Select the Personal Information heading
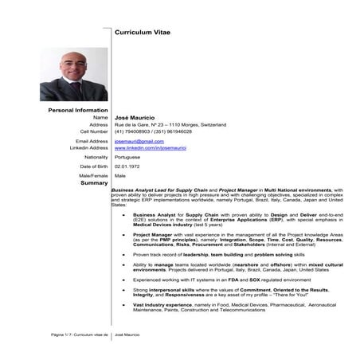pyautogui.click(x=78, y=109)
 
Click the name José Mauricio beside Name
pyautogui.click(x=133, y=117)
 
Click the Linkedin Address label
pyautogui.click(x=88, y=148)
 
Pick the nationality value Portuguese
pyautogui.click(x=130, y=158)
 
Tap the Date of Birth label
pyautogui.click(x=93, y=166)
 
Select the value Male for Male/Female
pyautogui.click(x=120, y=174)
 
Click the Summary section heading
pyautogui.click(x=94, y=183)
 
